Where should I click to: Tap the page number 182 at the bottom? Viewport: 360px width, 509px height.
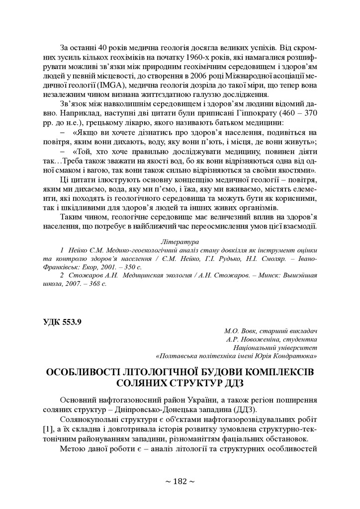point(180,481)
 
